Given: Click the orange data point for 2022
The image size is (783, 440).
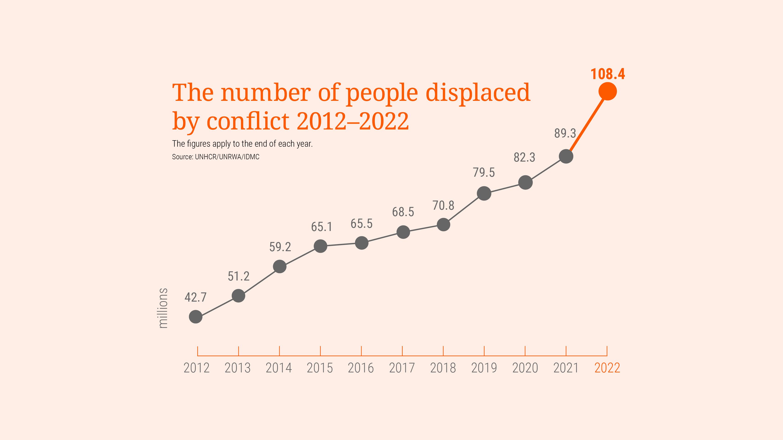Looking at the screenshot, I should coord(607,91).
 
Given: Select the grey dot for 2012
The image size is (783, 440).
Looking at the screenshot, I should coord(196,317).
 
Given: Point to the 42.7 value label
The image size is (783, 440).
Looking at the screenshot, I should coord(195,297).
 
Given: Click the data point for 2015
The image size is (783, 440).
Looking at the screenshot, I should coord(320,246).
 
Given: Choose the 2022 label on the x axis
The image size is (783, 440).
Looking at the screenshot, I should coord(607,368).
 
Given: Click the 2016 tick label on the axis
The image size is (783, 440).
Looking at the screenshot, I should coord(361,368).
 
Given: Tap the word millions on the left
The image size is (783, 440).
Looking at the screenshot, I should coord(163,308).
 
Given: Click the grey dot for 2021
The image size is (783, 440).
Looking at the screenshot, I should coord(566,156).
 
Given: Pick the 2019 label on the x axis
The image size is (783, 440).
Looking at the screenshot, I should coord(484,368).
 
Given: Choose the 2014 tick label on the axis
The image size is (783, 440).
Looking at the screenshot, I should coord(279,368).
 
